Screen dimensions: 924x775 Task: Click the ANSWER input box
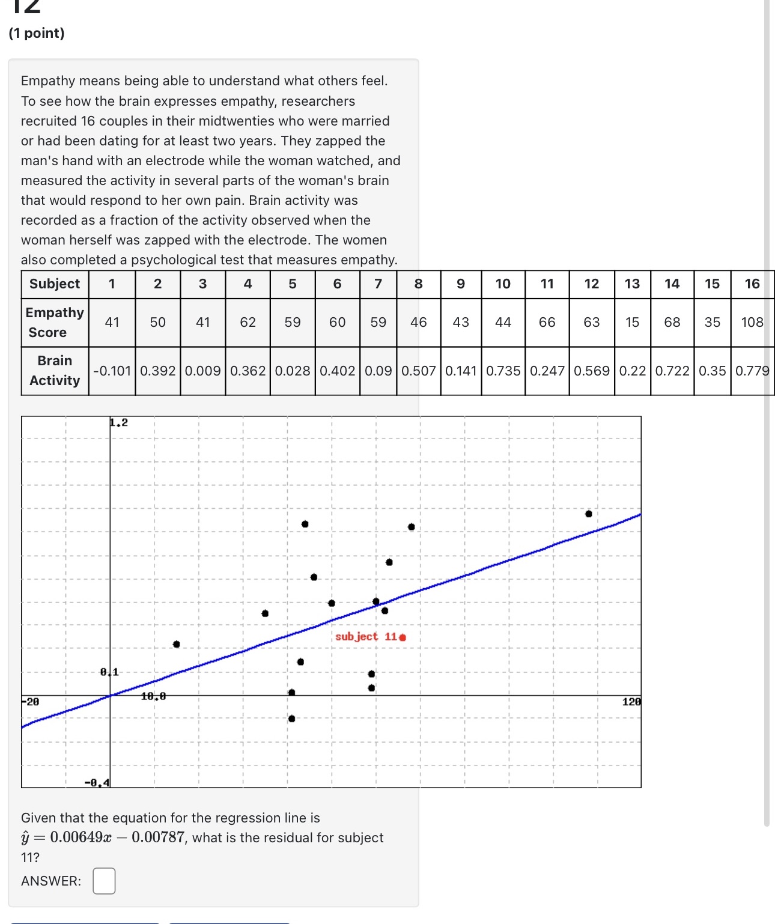click(x=104, y=881)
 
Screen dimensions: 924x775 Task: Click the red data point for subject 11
click(x=403, y=637)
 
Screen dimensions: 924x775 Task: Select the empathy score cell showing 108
click(x=752, y=322)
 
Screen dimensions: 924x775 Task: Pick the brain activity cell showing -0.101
click(x=112, y=371)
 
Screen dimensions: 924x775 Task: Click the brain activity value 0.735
click(x=503, y=371)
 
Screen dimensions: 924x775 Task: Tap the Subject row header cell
click(x=55, y=284)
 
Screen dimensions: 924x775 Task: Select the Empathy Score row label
click(x=55, y=322)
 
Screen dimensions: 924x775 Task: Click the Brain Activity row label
click(x=55, y=371)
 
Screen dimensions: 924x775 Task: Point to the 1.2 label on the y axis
click(x=119, y=423)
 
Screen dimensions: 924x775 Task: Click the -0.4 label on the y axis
click(x=97, y=782)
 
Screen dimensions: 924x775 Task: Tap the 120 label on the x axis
click(x=631, y=702)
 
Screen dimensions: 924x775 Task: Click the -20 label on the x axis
click(x=31, y=702)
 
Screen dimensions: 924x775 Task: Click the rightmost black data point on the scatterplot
click(x=589, y=514)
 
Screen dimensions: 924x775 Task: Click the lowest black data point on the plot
click(x=292, y=719)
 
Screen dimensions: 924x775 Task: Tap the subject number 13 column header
click(x=632, y=284)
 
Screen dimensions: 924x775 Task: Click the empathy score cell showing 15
click(x=632, y=322)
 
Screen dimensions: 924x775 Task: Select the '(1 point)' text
click(x=37, y=33)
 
